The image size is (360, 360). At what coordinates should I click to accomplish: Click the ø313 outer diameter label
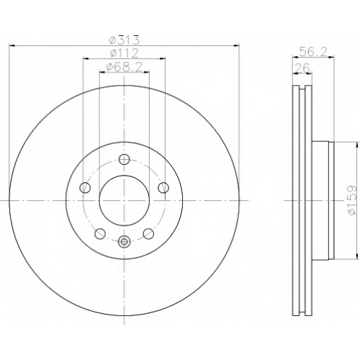(124, 40)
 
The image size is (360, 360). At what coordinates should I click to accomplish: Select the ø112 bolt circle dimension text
(124, 53)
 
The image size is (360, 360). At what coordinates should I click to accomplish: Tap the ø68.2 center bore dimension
(124, 67)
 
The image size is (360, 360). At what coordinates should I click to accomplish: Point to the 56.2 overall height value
(313, 52)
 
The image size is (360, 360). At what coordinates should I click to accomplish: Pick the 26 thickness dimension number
(302, 68)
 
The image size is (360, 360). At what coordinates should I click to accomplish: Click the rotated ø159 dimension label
(353, 200)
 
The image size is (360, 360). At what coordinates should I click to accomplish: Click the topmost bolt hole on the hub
(124, 159)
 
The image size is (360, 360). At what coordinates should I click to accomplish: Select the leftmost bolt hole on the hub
(85, 187)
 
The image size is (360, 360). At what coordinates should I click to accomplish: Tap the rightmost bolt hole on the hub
(163, 187)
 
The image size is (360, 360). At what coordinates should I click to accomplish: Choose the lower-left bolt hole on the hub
(100, 233)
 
